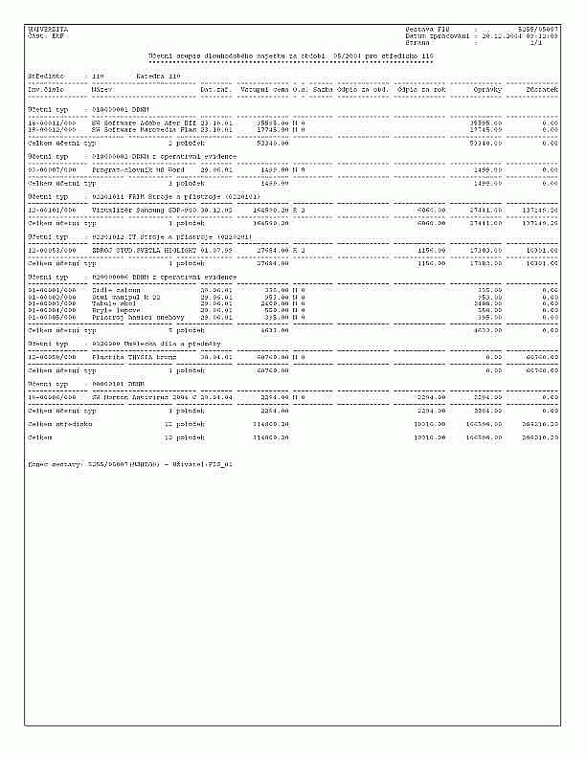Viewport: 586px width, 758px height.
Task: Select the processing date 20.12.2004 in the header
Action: pos(485,36)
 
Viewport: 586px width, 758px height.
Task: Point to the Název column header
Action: pos(100,90)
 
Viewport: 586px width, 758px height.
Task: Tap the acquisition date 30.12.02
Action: pos(215,208)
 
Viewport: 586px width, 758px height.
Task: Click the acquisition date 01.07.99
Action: pos(215,248)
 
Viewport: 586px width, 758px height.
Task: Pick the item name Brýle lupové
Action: pos(114,309)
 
